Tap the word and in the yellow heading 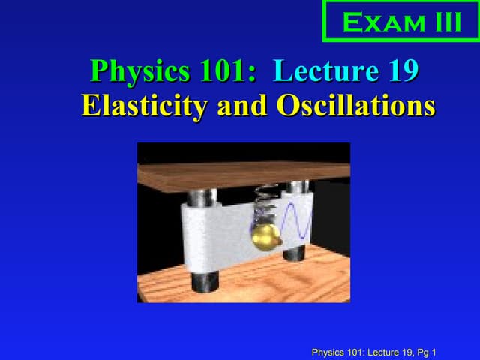point(244,106)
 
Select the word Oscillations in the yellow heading point(355,106)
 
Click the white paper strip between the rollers point(217,232)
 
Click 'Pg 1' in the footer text point(426,352)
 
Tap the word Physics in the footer point(328,352)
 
